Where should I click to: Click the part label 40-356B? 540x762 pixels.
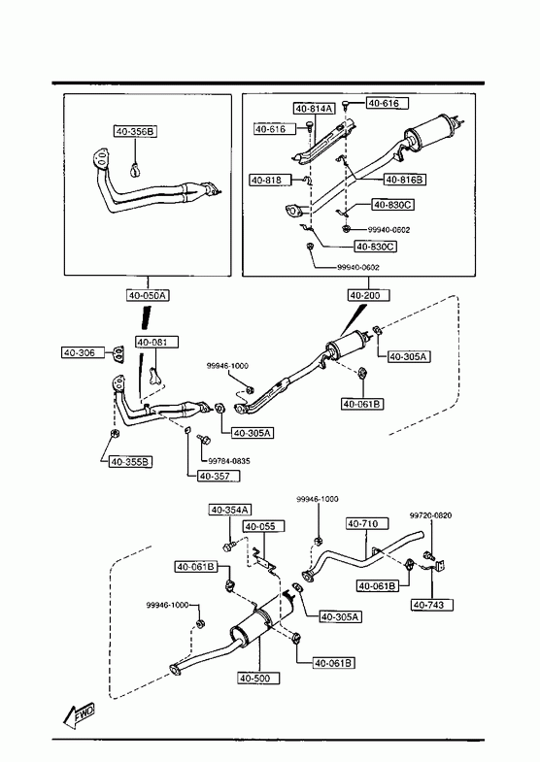click(136, 131)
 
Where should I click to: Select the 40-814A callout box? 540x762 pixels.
click(315, 109)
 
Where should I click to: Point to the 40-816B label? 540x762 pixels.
click(405, 180)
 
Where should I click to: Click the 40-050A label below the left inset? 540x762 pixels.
click(149, 295)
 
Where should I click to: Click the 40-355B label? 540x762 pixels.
click(131, 462)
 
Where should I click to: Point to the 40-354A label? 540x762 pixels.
click(230, 510)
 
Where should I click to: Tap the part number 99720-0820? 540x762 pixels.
click(430, 515)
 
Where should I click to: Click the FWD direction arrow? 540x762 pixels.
click(79, 714)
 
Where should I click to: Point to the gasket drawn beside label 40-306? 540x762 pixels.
click(118, 353)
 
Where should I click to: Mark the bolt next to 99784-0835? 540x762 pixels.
click(203, 440)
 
